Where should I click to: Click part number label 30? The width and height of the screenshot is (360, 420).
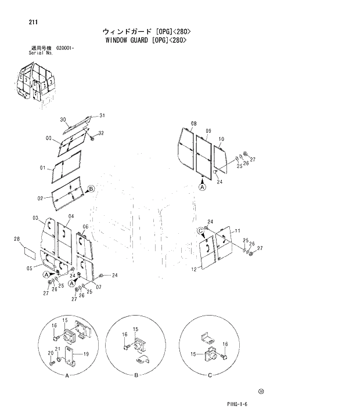pyautogui.click(x=63, y=120)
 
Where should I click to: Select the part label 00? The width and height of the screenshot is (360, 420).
pyautogui.click(x=49, y=138)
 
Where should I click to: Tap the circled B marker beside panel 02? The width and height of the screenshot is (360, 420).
pyautogui.click(x=91, y=189)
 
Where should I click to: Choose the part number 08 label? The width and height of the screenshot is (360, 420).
pyautogui.click(x=193, y=124)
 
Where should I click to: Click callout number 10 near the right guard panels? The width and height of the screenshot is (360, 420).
pyautogui.click(x=221, y=139)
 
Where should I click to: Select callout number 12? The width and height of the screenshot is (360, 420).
pyautogui.click(x=193, y=269)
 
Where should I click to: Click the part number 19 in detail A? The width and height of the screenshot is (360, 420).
pyautogui.click(x=85, y=354)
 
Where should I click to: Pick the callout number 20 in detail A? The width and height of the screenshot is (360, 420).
pyautogui.click(x=51, y=353)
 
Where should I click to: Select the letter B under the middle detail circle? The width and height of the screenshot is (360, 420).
pyautogui.click(x=135, y=376)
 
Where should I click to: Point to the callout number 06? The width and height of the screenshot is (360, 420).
pyautogui.click(x=85, y=227)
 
